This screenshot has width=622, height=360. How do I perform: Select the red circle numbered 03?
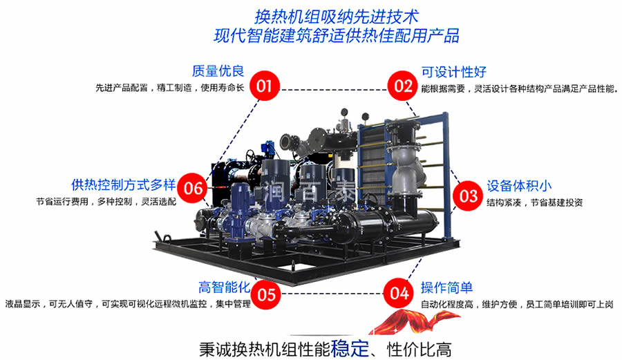tap(469, 196)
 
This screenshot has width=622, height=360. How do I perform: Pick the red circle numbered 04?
tap(399, 292)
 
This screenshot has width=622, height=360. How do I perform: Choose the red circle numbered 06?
tap(193, 187)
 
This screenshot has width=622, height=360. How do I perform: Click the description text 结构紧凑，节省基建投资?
tap(534, 202)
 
